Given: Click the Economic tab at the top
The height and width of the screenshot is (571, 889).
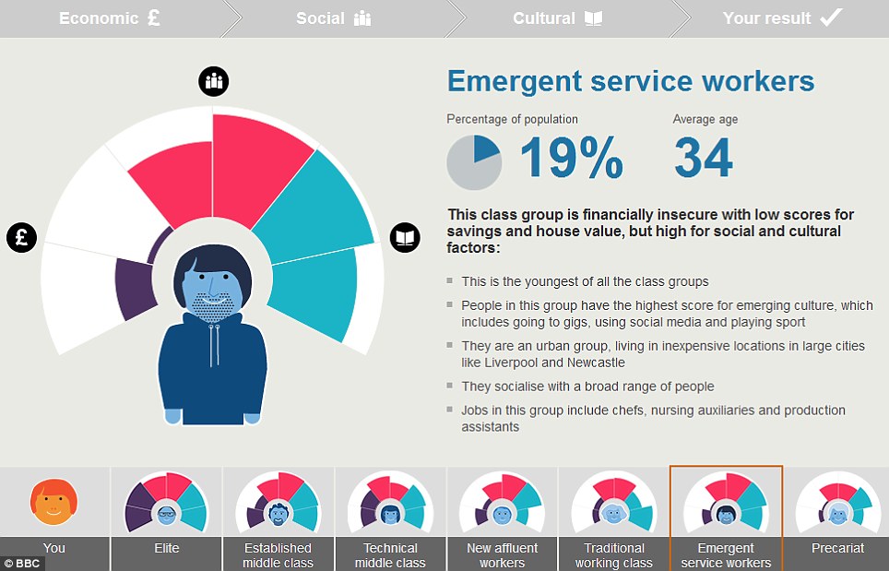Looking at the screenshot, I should [x=109, y=18].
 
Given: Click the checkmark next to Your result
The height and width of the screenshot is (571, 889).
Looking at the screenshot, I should [x=831, y=18].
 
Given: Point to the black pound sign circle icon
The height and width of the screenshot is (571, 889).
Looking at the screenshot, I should [x=22, y=237].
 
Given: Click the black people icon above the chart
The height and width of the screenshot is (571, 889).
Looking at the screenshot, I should [x=214, y=81].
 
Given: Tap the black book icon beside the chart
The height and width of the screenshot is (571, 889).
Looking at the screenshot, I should [x=404, y=237].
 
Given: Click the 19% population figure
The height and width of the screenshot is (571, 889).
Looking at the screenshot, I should [x=572, y=159].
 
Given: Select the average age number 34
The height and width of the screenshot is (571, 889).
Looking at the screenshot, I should [x=703, y=159].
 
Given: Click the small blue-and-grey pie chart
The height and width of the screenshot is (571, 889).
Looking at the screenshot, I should [x=474, y=162].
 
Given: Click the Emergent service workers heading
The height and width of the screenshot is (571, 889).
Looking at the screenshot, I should [x=631, y=81].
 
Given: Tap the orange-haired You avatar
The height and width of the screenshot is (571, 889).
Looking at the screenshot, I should [x=53, y=501].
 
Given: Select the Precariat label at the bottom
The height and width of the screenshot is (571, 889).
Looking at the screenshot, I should [x=837, y=548].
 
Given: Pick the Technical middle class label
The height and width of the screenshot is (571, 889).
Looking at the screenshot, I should [x=390, y=554].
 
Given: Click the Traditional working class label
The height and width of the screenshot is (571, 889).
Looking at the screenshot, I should [x=613, y=554].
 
